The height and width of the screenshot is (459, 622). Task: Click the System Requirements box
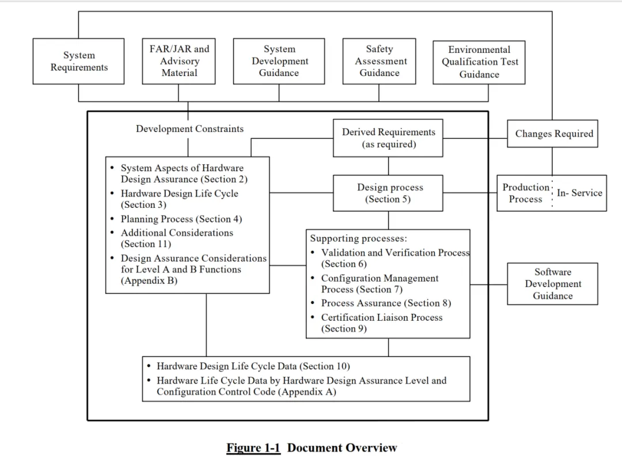click(78, 61)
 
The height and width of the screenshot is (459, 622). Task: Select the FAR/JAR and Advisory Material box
click(179, 61)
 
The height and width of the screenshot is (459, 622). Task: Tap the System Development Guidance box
click(279, 61)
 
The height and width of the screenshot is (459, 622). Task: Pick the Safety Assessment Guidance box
click(379, 61)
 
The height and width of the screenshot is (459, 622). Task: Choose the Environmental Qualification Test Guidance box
click(479, 62)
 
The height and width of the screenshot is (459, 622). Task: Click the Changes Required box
click(552, 134)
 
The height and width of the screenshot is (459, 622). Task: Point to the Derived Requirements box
click(388, 138)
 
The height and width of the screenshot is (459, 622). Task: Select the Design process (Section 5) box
click(388, 193)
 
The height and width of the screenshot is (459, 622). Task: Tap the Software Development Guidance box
click(552, 284)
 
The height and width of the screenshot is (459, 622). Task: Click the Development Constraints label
click(189, 129)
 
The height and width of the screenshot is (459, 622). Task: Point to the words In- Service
click(579, 193)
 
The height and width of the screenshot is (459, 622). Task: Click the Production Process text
click(526, 193)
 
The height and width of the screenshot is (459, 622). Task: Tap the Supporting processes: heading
click(358, 238)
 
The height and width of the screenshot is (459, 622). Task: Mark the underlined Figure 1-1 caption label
click(253, 448)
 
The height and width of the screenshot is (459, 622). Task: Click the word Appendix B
click(149, 281)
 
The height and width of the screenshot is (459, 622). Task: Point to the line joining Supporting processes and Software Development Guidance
click(489, 284)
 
